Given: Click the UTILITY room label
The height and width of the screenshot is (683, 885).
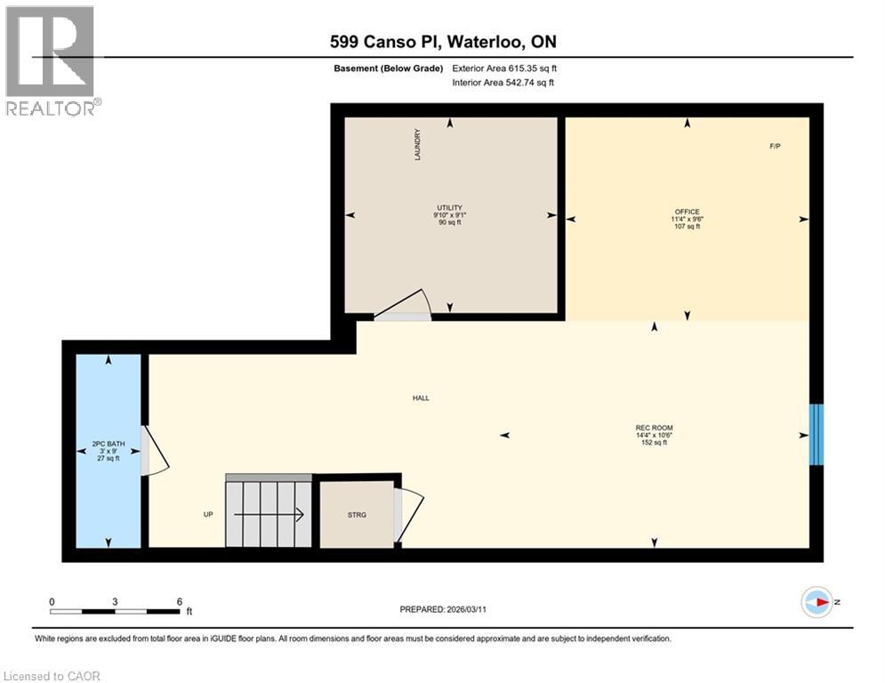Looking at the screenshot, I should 449,207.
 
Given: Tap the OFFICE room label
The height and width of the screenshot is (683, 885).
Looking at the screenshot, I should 687,212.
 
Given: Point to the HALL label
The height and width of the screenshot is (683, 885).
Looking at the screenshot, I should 421,398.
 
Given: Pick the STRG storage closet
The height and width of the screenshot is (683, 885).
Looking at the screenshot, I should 357,514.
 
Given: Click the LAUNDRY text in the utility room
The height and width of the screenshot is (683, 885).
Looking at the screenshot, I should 416,145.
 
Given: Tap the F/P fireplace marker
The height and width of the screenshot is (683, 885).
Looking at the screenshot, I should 775,146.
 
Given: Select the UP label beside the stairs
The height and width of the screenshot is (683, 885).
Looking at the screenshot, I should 208,514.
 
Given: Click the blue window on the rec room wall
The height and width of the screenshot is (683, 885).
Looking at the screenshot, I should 816,434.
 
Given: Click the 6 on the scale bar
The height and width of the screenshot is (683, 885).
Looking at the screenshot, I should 180,601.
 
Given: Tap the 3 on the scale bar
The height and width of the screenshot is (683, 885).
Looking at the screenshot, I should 116,601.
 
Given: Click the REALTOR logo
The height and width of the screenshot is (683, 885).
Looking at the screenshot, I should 52,60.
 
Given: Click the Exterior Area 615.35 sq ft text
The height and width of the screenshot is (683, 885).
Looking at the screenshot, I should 503,68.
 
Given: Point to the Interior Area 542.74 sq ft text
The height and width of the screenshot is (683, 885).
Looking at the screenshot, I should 503,83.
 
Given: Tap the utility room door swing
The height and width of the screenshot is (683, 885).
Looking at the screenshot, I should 404,306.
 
